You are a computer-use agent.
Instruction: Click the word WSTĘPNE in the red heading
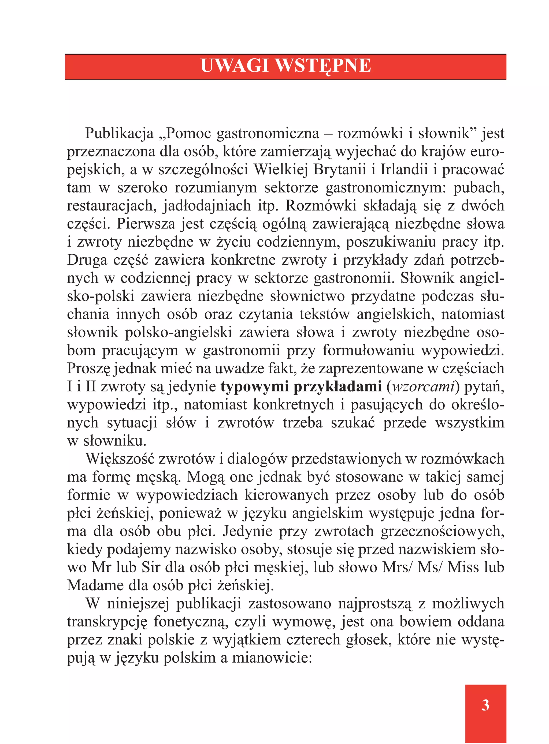323,66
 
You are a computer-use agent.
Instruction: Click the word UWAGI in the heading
235,66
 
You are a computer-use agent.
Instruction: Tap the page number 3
485,705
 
